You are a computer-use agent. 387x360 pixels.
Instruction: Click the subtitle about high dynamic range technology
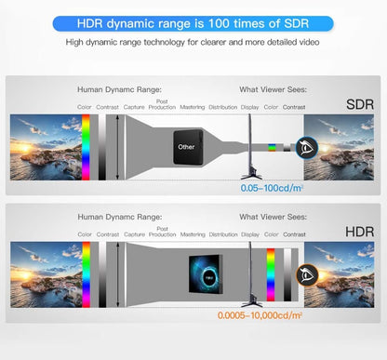coord(193,43)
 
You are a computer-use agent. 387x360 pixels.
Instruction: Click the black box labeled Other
coord(186,147)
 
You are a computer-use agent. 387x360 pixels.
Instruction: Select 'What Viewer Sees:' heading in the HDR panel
coord(273,217)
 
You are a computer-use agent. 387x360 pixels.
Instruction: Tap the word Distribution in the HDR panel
coord(223,234)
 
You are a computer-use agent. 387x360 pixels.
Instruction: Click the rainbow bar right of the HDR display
coord(271,275)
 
